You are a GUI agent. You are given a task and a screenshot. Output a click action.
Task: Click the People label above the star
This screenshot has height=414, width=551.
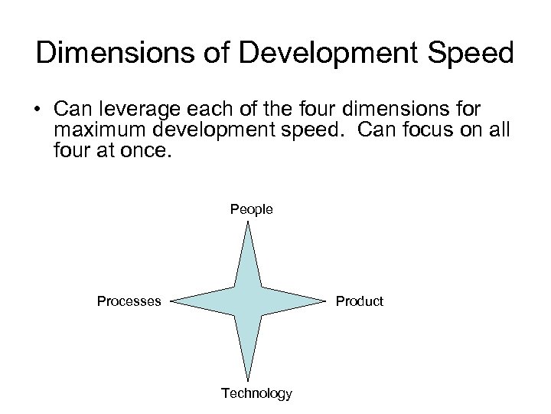point(252,209)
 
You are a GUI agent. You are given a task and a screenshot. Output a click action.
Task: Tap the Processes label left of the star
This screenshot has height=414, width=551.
point(129,301)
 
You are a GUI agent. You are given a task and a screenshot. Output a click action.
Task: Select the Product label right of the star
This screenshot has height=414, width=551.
point(359,301)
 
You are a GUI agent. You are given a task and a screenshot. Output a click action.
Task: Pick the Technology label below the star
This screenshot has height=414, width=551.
point(256,393)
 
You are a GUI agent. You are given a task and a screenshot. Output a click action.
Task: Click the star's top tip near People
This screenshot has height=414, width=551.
point(247,223)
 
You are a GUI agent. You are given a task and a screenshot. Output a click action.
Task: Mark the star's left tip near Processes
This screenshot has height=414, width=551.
point(171,301)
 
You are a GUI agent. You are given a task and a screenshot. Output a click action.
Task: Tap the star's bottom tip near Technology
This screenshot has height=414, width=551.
point(247,380)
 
